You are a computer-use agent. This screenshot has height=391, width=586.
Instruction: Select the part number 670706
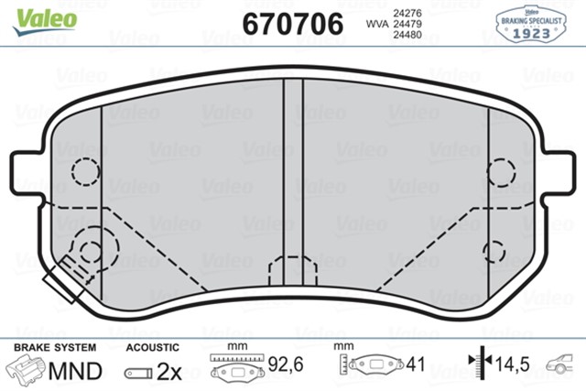click(292, 24)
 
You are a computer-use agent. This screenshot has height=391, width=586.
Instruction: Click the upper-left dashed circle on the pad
click(85, 171)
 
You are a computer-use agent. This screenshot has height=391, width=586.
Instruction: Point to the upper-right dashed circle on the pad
click(503, 172)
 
